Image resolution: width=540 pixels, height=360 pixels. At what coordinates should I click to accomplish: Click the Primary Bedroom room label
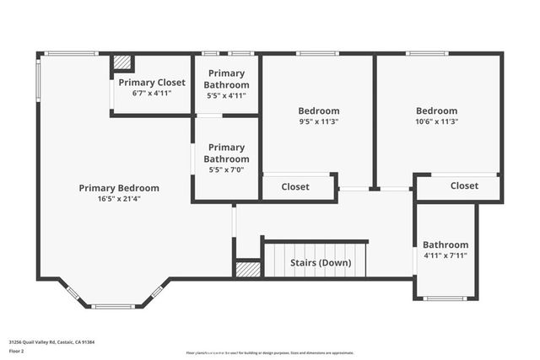119,188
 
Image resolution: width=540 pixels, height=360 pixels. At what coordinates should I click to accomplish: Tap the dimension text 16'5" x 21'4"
119,199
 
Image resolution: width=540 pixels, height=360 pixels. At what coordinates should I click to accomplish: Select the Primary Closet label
152,83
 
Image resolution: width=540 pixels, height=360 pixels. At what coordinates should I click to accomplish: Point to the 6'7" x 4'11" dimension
152,93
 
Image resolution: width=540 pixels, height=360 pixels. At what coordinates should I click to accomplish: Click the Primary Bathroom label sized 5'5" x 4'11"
228,79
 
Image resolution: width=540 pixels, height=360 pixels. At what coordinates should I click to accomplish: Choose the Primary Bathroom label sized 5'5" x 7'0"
228,153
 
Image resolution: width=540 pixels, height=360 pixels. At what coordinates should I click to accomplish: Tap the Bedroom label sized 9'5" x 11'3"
319,110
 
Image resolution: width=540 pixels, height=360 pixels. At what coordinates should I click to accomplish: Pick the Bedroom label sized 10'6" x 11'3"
437,110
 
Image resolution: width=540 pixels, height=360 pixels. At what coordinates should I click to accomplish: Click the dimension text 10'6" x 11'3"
437,121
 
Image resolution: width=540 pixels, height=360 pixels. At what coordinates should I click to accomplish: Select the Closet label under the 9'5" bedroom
295,187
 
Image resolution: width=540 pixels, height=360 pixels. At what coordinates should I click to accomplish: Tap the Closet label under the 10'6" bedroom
464,185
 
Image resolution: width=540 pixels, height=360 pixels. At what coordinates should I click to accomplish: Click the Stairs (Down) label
321,262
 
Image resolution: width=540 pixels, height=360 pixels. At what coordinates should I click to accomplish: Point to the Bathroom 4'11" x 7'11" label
445,244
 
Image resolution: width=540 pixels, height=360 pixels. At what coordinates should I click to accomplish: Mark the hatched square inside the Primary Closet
122,63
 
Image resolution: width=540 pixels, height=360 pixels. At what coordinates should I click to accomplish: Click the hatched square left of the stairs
247,269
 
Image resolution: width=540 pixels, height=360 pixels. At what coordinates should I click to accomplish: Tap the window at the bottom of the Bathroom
445,298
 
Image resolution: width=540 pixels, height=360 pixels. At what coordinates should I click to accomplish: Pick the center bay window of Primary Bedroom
112,306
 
